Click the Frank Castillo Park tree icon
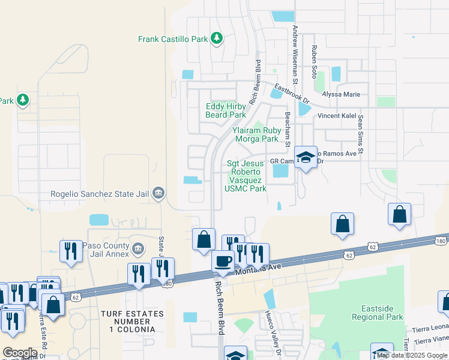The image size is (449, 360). pos(217,39)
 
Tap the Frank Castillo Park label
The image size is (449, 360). pos(173,39)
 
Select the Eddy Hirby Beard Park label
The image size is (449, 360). pos(226,110)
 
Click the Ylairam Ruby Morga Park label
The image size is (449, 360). pos(256,134)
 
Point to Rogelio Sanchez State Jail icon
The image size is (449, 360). pos(158,193)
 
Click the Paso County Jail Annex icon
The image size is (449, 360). pos(137,248)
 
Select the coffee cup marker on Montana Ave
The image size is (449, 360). pos(223,261)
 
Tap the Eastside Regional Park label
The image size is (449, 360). pos(378,312)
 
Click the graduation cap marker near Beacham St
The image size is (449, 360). pos(306,157)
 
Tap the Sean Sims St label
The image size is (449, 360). pos(361,135)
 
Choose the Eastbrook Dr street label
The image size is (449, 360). pos(292,93)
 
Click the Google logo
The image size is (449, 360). pos(20,353)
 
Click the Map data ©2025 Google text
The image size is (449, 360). pos(412,355)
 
